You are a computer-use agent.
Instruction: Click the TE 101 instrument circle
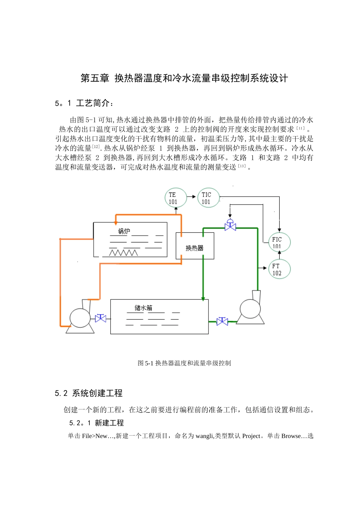[176, 198]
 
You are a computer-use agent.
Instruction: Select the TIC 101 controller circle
[208, 198]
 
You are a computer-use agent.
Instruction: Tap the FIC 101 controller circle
[279, 242]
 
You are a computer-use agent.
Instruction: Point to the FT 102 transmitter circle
[279, 269]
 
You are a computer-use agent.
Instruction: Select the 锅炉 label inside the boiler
[124, 231]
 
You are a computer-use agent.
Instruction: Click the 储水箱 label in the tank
[143, 308]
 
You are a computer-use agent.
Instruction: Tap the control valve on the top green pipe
[230, 225]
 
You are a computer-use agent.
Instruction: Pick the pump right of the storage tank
[250, 309]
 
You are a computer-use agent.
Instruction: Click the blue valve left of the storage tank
[100, 318]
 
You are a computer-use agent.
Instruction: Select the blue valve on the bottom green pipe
[222, 321]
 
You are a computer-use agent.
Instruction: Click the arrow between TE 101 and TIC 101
[192, 197]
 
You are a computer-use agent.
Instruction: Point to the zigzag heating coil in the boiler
[123, 253]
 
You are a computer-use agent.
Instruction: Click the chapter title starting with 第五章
[184, 78]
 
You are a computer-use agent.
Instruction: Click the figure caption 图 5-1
[184, 363]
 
